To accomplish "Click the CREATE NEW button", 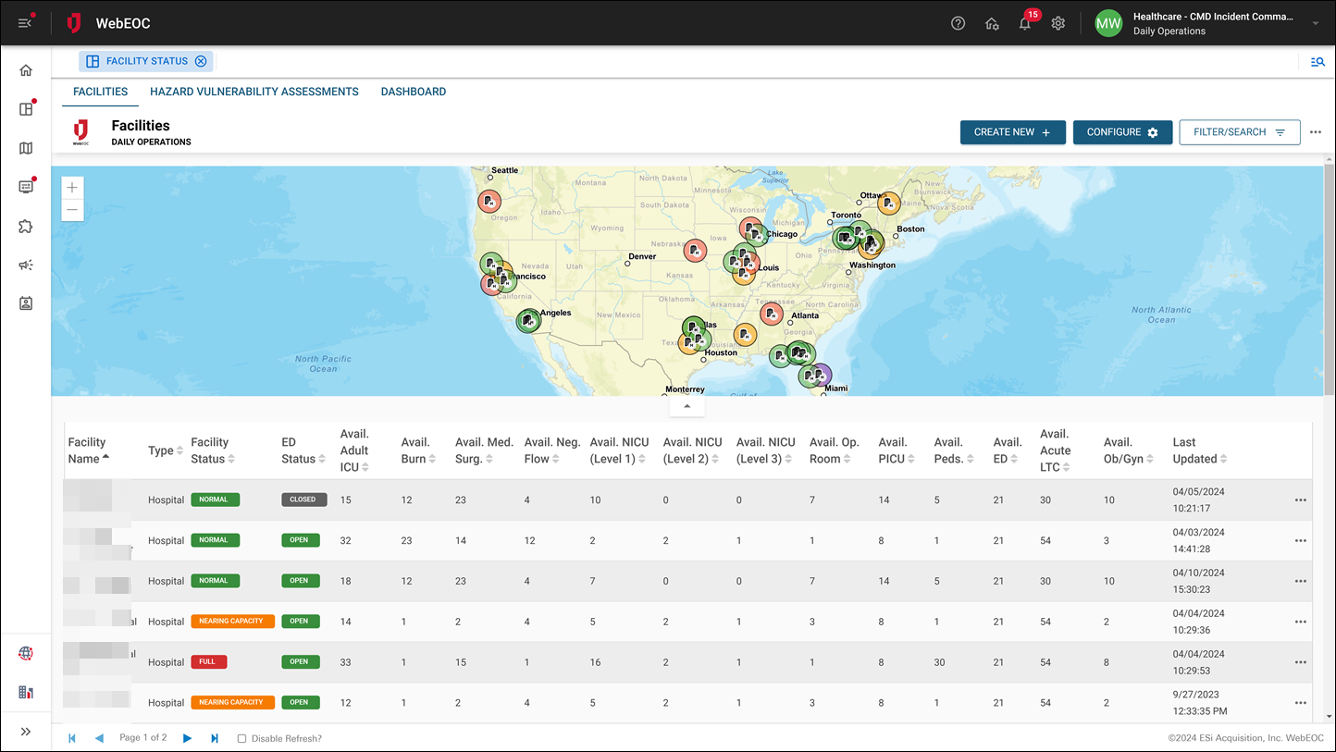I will [1012, 132].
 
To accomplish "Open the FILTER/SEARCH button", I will [1239, 132].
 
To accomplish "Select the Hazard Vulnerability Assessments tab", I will [254, 92].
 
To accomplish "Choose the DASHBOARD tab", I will [413, 92].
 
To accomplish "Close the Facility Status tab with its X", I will [201, 61].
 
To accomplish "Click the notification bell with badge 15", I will [1025, 23].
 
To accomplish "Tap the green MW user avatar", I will [1108, 23].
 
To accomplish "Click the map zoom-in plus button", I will [72, 187].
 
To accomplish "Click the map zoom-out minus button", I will [72, 210].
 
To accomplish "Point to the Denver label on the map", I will [641, 256].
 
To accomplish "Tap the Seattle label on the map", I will [504, 170].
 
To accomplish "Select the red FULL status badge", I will [208, 661].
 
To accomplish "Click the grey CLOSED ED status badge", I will [302, 499].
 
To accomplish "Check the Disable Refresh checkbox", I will [241, 738].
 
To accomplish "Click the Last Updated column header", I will [1194, 450].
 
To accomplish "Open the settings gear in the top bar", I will [1058, 23].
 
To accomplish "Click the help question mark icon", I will [958, 23].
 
